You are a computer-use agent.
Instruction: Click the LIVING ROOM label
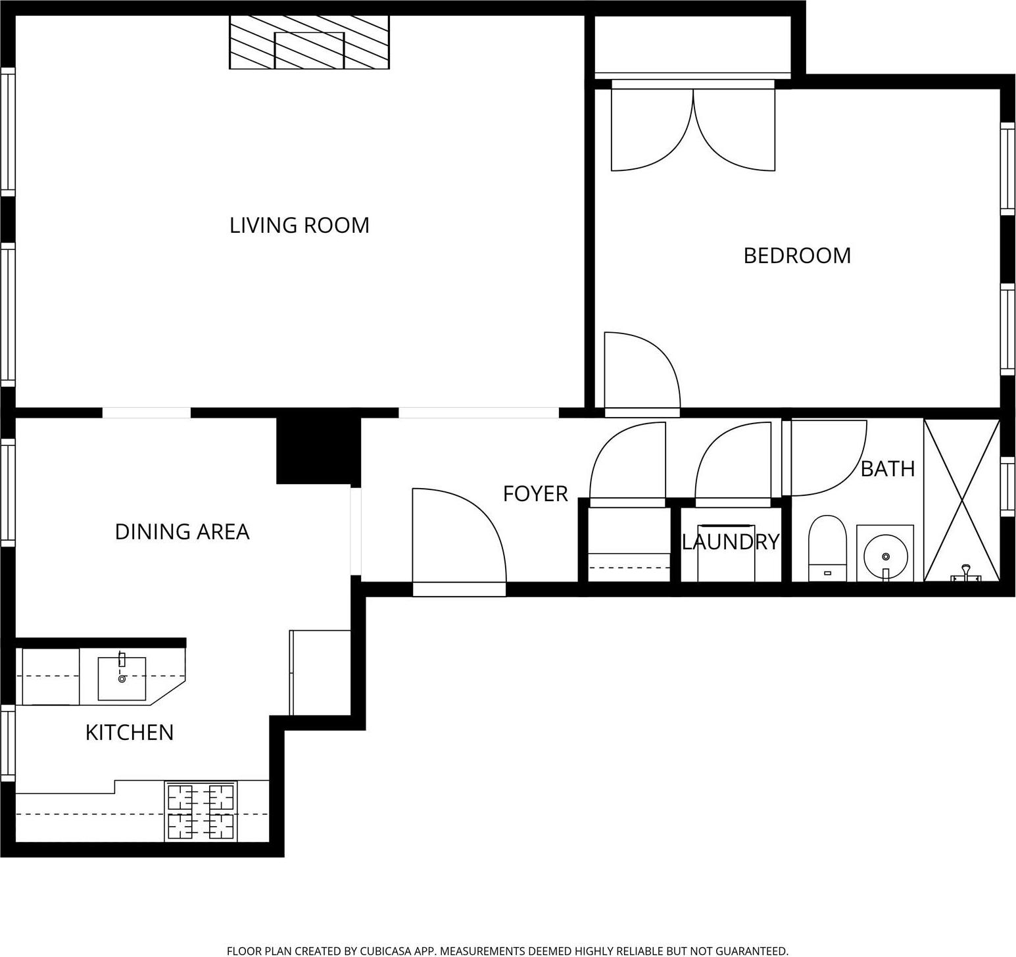(x=299, y=226)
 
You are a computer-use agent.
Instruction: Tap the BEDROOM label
(x=796, y=256)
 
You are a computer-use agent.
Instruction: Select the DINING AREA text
(x=182, y=531)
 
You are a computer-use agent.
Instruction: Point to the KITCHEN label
(x=130, y=733)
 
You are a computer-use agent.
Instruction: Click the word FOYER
(x=535, y=494)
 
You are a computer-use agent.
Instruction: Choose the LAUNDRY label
(x=731, y=542)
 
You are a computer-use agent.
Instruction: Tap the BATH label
(x=887, y=469)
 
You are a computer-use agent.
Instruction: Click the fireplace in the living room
(x=309, y=43)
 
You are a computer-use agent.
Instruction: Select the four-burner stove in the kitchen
(x=201, y=812)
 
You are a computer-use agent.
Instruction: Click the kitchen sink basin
(x=122, y=678)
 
